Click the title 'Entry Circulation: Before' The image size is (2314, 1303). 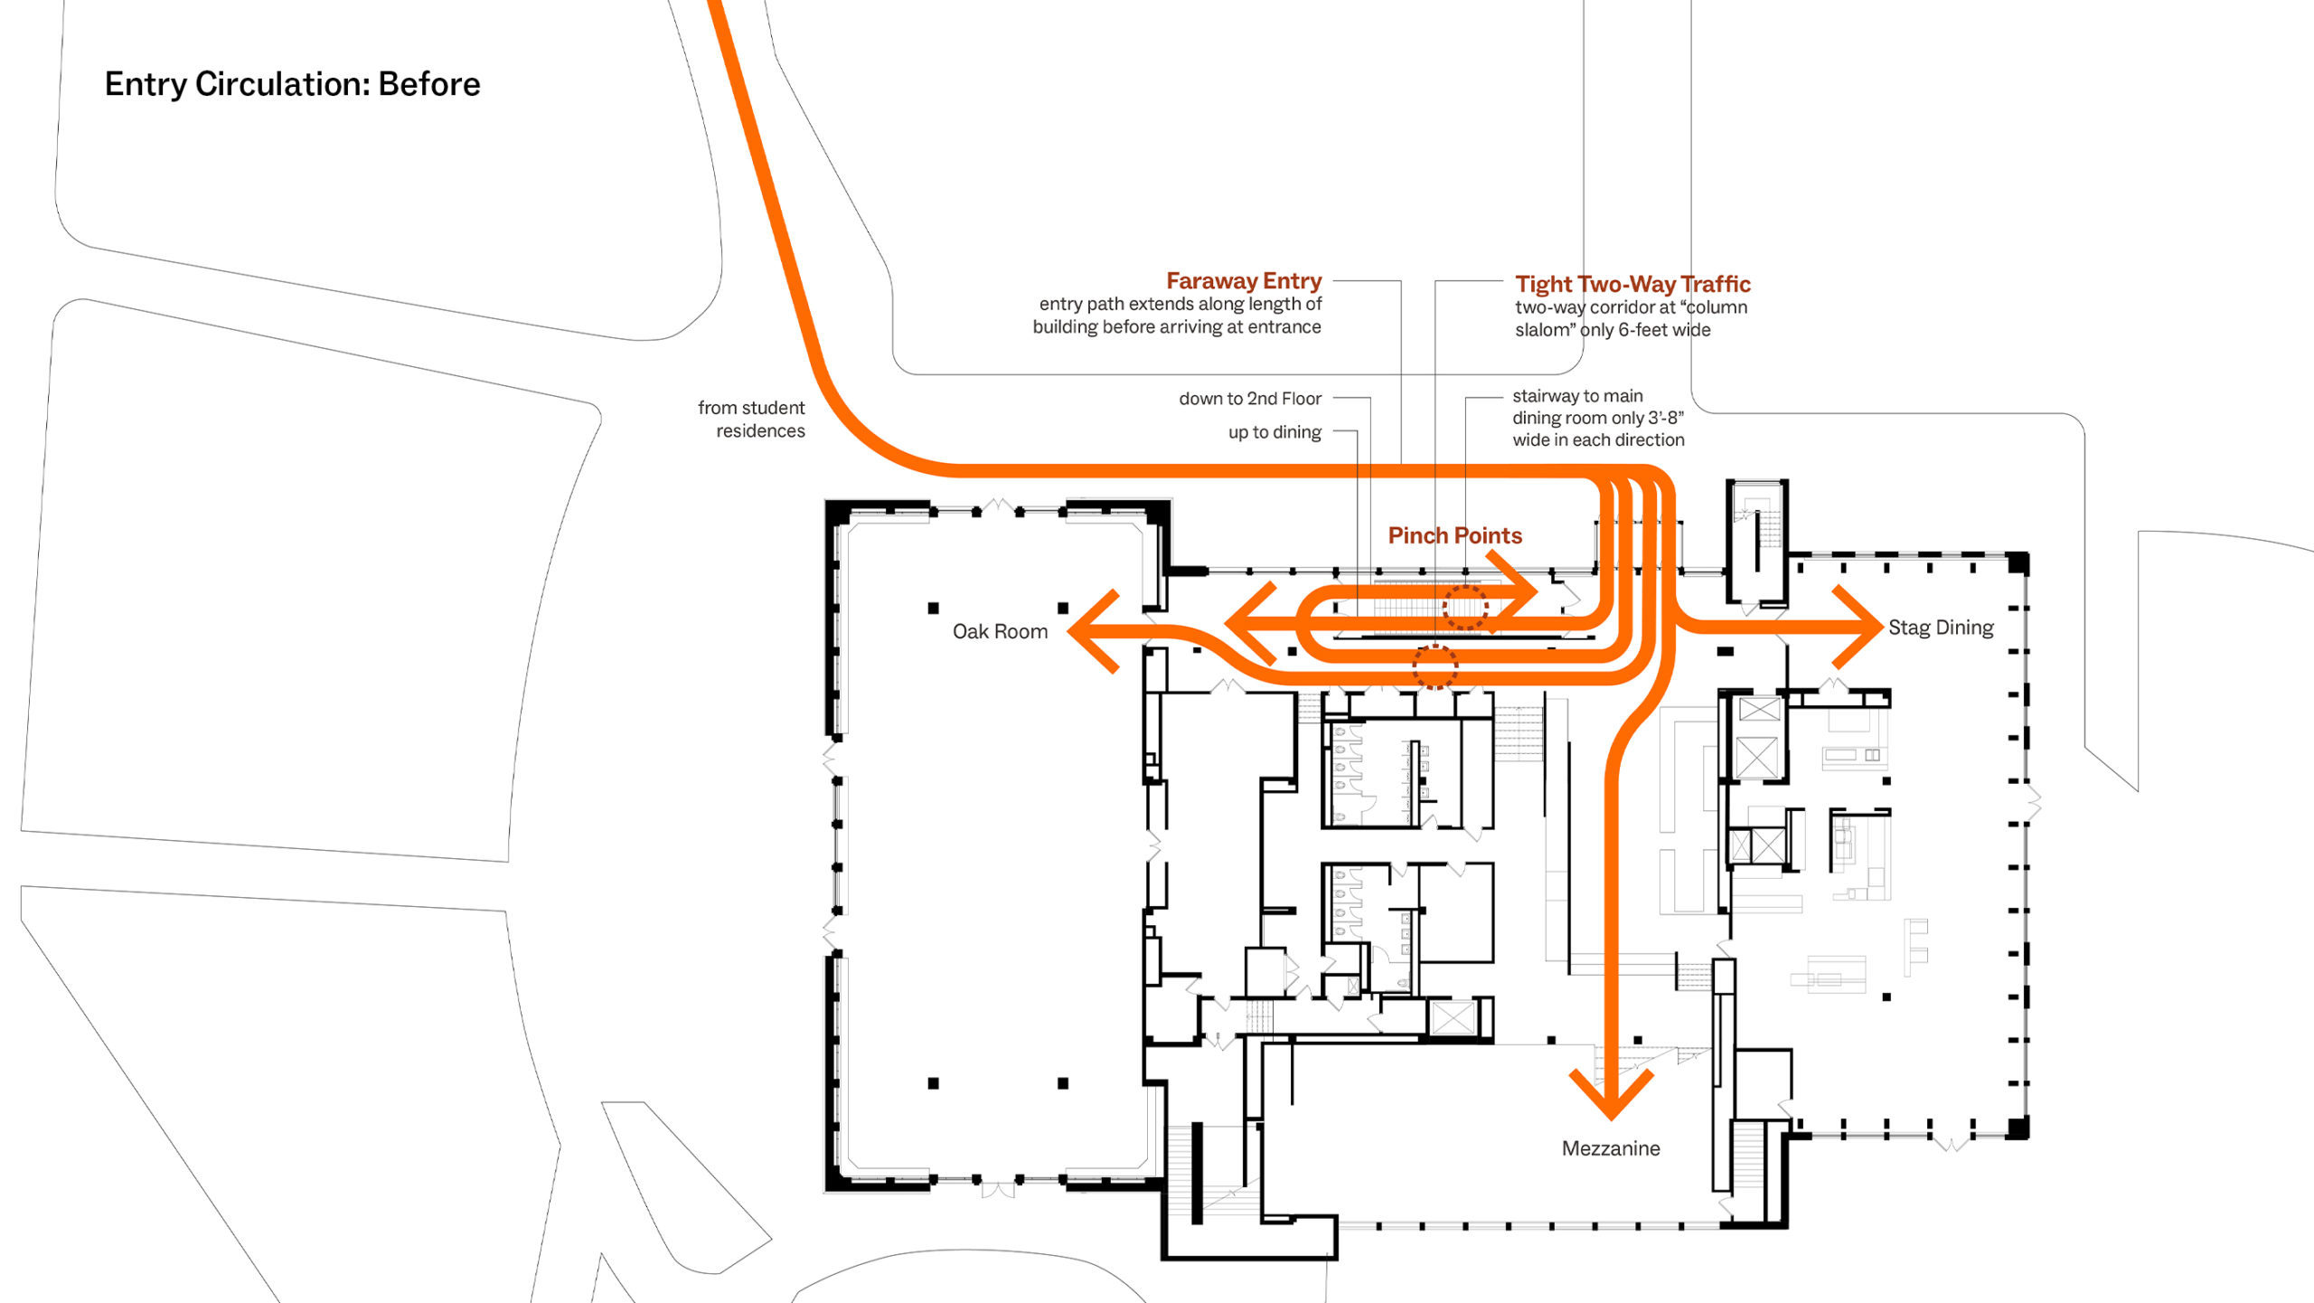click(x=292, y=84)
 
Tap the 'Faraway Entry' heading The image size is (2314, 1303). click(x=1244, y=280)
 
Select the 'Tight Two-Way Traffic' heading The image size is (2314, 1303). click(x=1632, y=284)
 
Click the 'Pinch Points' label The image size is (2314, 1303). click(x=1454, y=535)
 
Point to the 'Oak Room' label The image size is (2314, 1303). click(x=1000, y=631)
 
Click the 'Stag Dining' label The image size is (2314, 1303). click(x=1941, y=628)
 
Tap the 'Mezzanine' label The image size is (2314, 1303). click(x=1611, y=1148)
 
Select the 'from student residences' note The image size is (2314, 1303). click(x=751, y=420)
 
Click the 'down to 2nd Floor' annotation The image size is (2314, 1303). click(x=1250, y=399)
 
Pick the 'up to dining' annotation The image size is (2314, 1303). click(x=1275, y=432)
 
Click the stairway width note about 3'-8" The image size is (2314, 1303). click(x=1598, y=418)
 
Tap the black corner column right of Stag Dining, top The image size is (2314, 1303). click(x=2018, y=563)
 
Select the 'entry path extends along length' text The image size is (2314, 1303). click(x=1180, y=304)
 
